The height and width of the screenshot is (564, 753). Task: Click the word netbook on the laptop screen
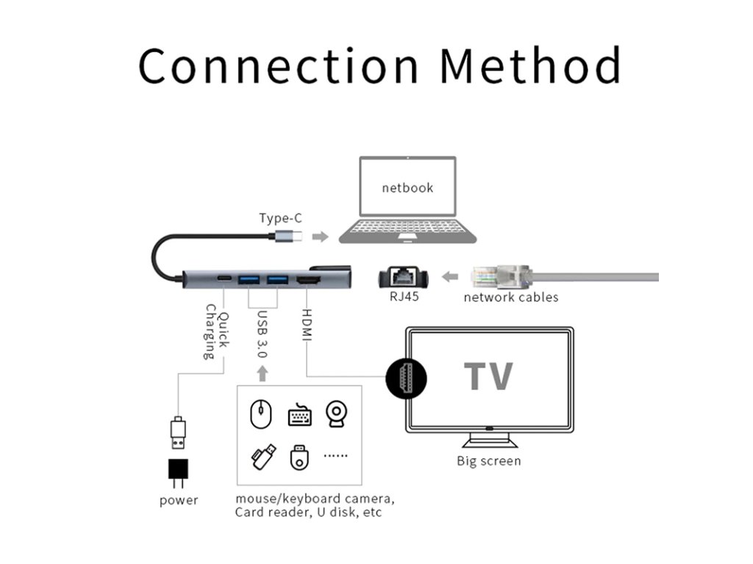[x=407, y=188]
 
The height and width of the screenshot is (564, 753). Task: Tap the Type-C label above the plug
[x=280, y=218]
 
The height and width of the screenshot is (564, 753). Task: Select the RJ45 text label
[x=404, y=297]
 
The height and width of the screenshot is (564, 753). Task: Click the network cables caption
[x=510, y=297]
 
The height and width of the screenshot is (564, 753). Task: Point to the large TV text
[x=488, y=376]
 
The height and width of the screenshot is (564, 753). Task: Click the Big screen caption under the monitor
[x=488, y=461]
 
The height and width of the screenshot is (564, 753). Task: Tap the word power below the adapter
[x=179, y=500]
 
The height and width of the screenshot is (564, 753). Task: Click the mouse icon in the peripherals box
[x=260, y=414]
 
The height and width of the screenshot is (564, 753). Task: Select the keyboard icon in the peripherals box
[x=299, y=415]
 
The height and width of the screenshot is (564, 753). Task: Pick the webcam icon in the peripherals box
[x=337, y=413]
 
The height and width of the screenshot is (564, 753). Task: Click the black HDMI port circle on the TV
[x=406, y=378]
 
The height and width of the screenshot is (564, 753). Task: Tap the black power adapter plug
[x=178, y=474]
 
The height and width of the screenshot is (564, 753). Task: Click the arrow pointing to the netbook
[x=319, y=236]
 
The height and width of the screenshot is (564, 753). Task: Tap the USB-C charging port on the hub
[x=224, y=280]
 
